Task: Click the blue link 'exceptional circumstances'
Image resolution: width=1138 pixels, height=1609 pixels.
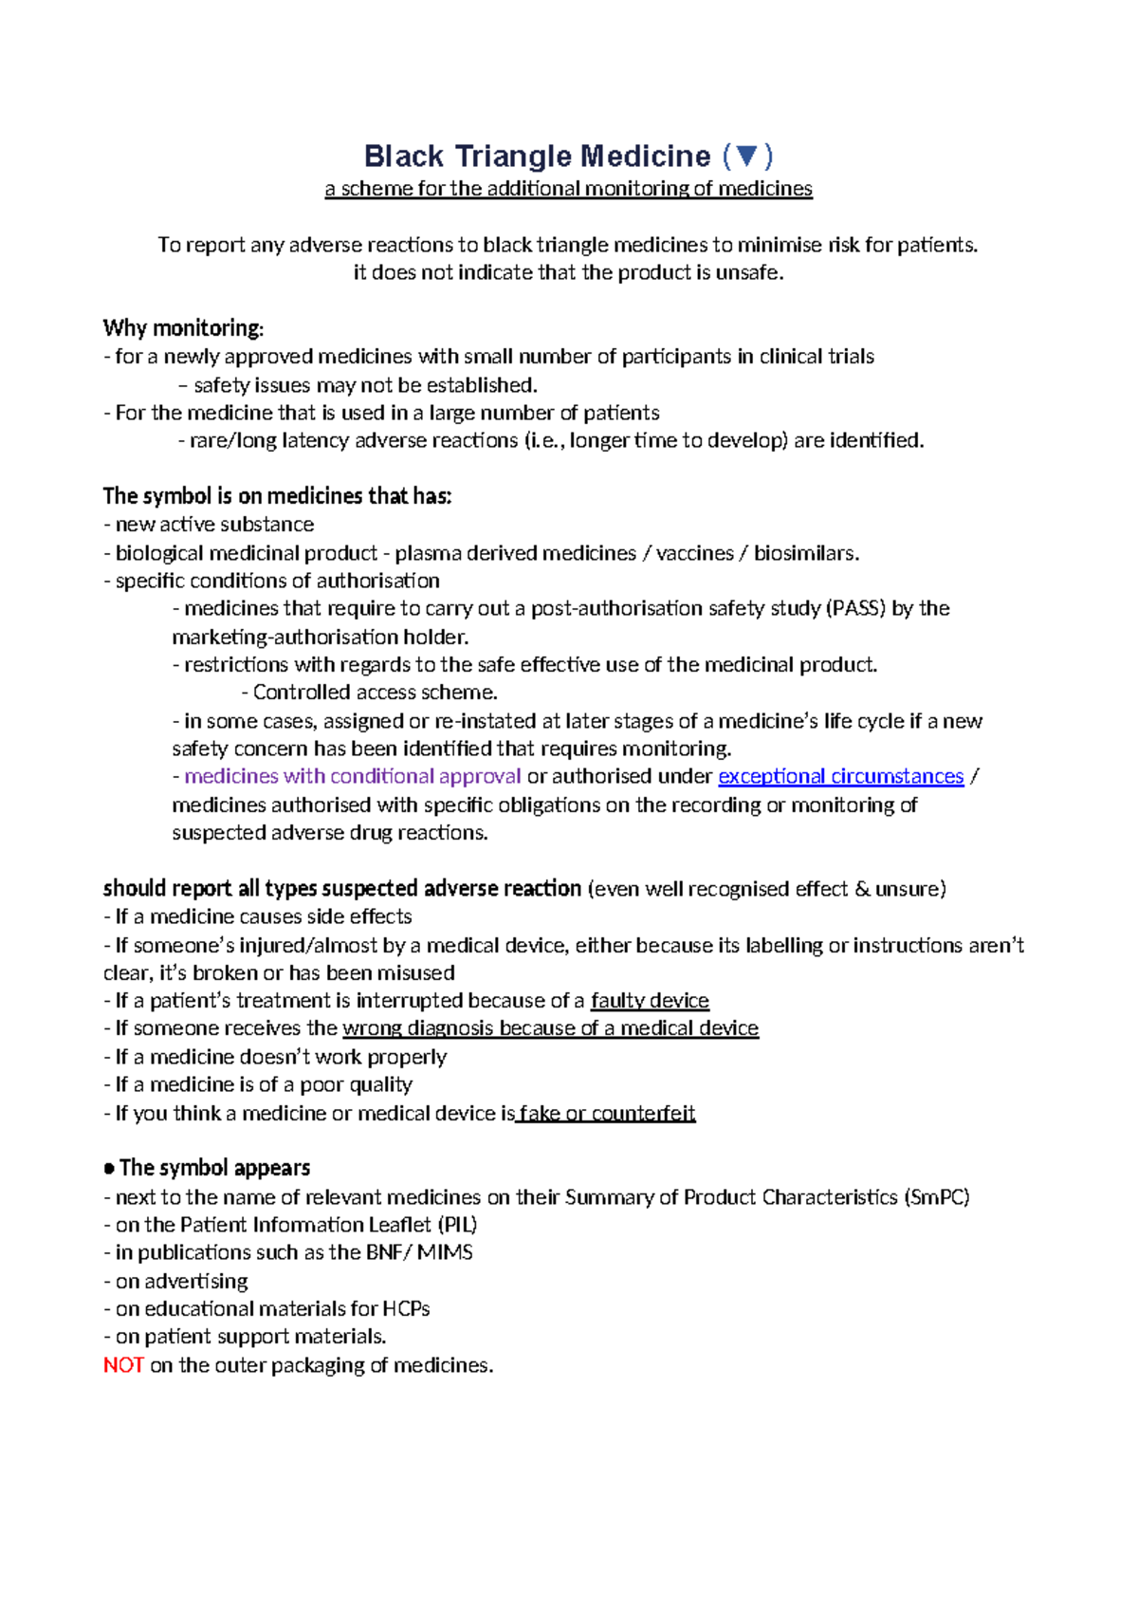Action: [x=840, y=776]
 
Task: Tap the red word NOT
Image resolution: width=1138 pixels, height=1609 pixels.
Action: [x=123, y=1365]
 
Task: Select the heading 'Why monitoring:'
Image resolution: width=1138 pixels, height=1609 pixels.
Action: [x=183, y=328]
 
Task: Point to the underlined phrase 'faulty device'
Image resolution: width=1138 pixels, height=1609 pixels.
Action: [x=650, y=1000]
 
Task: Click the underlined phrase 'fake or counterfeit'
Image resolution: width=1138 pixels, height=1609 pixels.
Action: [x=607, y=1113]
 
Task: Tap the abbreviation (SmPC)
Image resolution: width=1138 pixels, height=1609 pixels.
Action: [x=937, y=1197]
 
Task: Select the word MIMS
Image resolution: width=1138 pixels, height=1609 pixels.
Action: [x=445, y=1252]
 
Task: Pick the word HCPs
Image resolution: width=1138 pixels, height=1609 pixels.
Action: [x=406, y=1308]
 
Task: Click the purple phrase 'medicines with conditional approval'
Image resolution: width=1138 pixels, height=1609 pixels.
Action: [x=353, y=776]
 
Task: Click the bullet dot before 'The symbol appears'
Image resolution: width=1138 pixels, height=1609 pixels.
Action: [x=110, y=1169]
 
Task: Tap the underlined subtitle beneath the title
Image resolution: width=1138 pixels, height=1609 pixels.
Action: [x=568, y=189]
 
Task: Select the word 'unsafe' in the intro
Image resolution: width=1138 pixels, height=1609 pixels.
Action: [x=751, y=273]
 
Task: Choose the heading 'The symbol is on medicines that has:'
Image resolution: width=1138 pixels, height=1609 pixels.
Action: [x=277, y=496]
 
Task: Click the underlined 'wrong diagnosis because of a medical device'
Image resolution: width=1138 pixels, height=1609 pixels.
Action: [x=550, y=1028]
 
